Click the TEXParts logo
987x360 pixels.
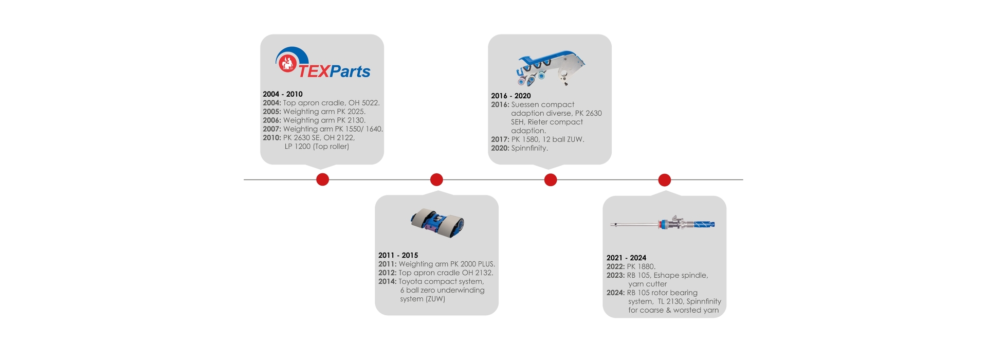pyautogui.click(x=322, y=63)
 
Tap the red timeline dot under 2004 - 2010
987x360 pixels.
pyautogui.click(x=322, y=179)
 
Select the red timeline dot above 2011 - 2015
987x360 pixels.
pyautogui.click(x=436, y=179)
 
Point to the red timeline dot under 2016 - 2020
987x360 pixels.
pyautogui.click(x=551, y=180)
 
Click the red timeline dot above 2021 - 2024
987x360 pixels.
pyautogui.click(x=665, y=180)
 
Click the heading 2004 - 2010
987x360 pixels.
pyautogui.click(x=283, y=94)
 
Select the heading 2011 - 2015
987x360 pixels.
pyautogui.click(x=398, y=255)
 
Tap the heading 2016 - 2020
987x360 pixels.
pyautogui.click(x=511, y=96)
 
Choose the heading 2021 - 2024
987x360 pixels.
pyautogui.click(x=626, y=258)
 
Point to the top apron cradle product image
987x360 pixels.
pyautogui.click(x=437, y=224)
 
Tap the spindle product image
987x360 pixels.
pyautogui.click(x=663, y=224)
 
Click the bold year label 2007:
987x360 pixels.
pyautogui.click(x=272, y=129)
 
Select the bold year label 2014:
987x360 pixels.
pyautogui.click(x=388, y=281)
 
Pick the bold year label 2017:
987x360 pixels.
pyautogui.click(x=500, y=139)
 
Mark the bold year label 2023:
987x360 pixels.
pyautogui.click(x=615, y=275)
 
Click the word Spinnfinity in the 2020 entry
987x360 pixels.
pyautogui.click(x=529, y=148)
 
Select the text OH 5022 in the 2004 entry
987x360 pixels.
pyautogui.click(x=363, y=103)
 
